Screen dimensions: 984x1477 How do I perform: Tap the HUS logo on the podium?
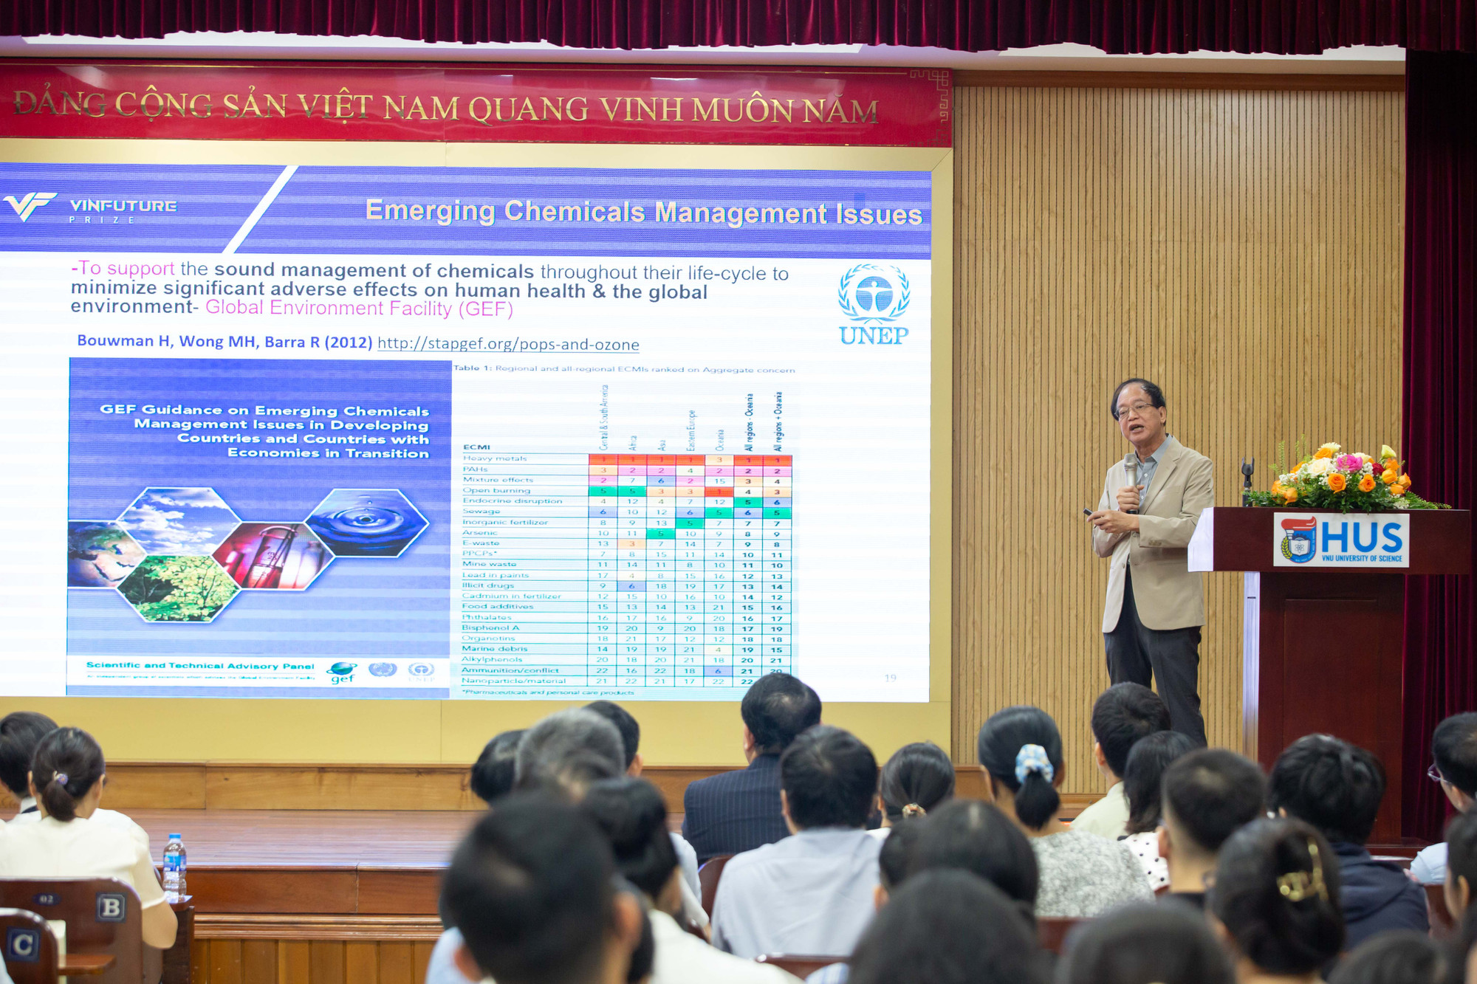tap(1340, 540)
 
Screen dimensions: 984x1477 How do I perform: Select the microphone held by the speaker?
tap(1131, 472)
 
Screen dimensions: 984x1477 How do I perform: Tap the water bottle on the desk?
tap(174, 867)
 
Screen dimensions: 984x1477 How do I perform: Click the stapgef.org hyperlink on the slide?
tap(508, 344)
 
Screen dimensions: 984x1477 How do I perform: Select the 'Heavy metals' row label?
tap(495, 458)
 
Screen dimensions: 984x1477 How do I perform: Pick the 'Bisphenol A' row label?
tap(490, 627)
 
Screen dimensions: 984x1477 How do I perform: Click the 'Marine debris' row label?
tap(494, 649)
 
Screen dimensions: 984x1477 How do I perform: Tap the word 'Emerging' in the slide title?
tap(430, 211)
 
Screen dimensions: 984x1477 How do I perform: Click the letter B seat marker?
tap(111, 906)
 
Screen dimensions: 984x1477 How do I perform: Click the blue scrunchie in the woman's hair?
tap(1034, 763)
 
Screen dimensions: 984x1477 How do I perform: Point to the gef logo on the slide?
tap(342, 672)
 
